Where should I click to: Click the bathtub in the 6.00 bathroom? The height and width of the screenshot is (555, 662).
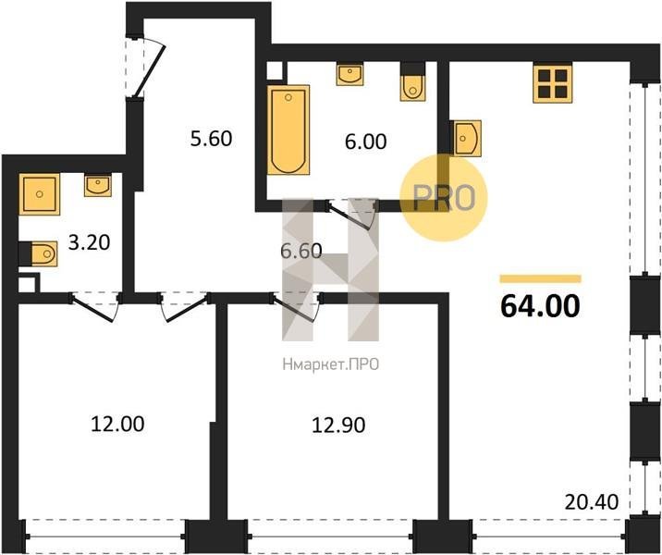[288, 129]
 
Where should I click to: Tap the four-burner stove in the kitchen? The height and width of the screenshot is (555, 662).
[553, 83]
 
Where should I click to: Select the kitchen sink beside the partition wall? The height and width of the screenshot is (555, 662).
[467, 138]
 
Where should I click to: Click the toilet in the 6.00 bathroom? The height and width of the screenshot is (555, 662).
[412, 87]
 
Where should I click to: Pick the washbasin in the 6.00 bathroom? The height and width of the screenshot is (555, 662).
[349, 75]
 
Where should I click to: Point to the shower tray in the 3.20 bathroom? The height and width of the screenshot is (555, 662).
[39, 194]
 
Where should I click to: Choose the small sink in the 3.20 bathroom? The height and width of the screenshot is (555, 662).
[98, 185]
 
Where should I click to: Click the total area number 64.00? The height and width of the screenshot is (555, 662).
[540, 306]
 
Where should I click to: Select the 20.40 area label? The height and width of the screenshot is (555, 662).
[592, 502]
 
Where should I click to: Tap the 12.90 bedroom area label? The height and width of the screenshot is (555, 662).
[338, 425]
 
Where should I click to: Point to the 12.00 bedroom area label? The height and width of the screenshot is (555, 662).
[117, 424]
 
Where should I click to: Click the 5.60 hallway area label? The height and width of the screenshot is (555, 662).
[211, 139]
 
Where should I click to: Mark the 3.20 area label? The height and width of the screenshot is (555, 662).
[89, 243]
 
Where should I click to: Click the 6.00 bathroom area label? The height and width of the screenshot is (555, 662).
[365, 142]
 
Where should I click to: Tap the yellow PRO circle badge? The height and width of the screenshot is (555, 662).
[443, 198]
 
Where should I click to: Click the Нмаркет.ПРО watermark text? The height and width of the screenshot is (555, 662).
[331, 364]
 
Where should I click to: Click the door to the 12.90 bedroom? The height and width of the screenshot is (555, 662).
[297, 306]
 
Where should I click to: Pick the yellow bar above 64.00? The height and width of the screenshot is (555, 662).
[540, 278]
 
